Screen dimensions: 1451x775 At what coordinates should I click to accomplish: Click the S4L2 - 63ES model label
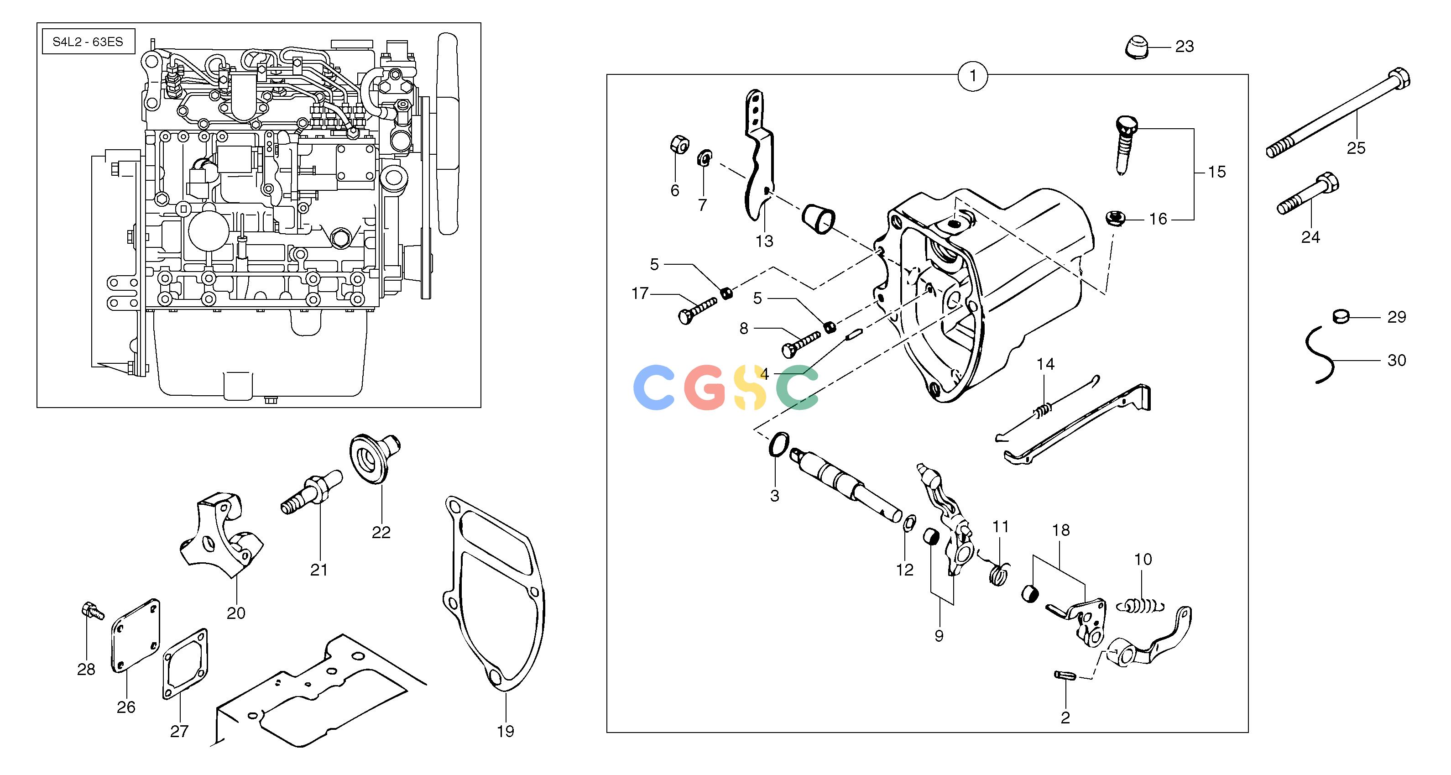click(88, 42)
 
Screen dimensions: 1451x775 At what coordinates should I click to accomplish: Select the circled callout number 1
click(973, 75)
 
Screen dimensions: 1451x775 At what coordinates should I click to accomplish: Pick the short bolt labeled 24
click(1308, 194)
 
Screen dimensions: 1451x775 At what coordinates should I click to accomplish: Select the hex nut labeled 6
click(680, 144)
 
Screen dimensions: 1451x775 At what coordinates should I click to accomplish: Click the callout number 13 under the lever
click(764, 241)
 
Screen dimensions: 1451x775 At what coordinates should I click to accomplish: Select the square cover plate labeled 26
click(136, 635)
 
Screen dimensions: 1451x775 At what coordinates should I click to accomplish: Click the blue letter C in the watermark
click(654, 388)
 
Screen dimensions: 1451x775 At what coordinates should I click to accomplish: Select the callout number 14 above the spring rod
click(1045, 364)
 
